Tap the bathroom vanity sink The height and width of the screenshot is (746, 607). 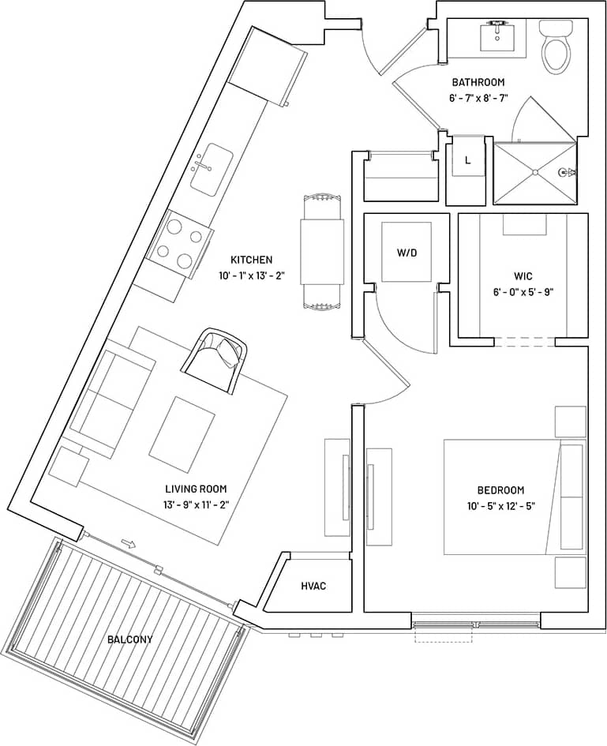click(497, 37)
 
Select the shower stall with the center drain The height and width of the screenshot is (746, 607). click(534, 171)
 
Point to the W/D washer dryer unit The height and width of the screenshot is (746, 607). click(407, 253)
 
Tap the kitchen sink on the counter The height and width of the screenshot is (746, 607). click(210, 171)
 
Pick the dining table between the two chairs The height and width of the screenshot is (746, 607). click(322, 251)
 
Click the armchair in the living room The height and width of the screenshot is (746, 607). click(215, 359)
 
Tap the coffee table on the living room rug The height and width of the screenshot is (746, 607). click(182, 434)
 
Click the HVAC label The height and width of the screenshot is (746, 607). click(313, 587)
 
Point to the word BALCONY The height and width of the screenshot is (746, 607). click(131, 639)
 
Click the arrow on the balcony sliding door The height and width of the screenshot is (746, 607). click(127, 544)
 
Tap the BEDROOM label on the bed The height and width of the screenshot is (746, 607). click(500, 490)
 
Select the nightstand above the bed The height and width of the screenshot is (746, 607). click(570, 422)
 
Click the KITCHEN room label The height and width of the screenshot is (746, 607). click(251, 260)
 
